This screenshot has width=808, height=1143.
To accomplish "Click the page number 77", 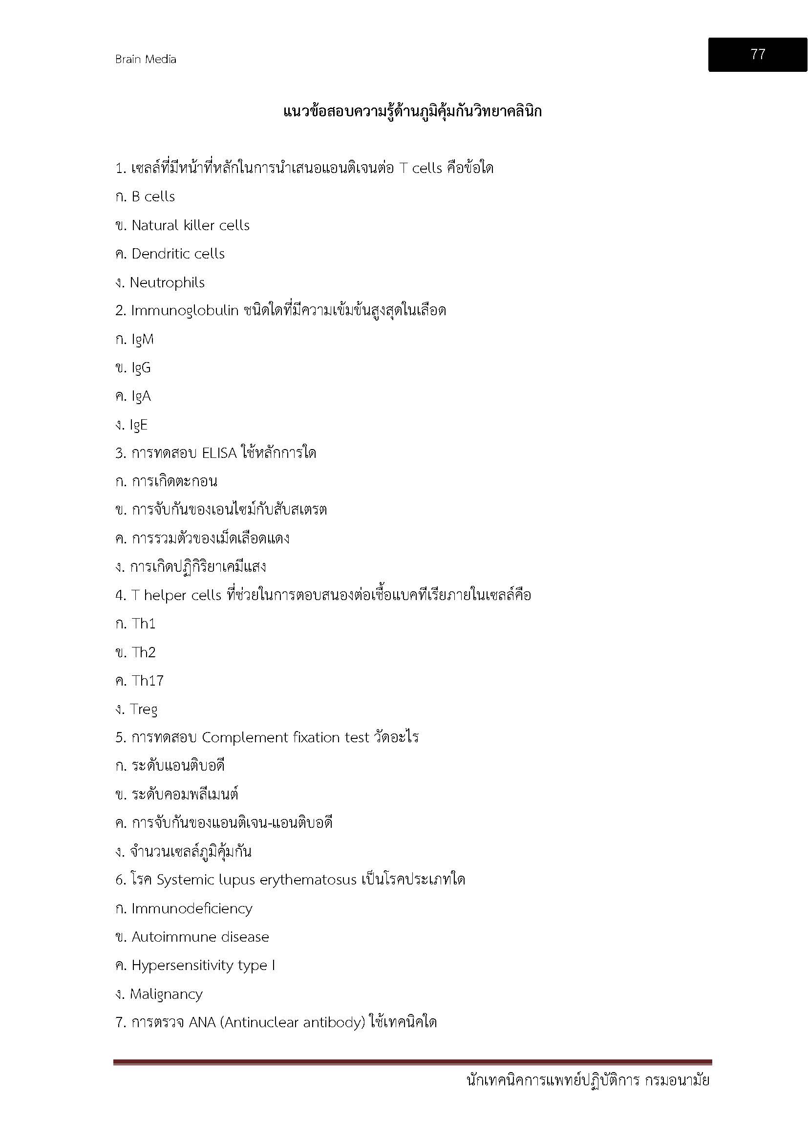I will (x=757, y=54).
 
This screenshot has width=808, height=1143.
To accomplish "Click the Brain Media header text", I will (x=145, y=59).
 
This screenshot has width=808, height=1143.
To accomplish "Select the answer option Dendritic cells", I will (x=178, y=254).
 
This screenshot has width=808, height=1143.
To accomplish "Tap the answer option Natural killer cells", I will (x=190, y=225).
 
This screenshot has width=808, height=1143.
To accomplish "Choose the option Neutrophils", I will (x=167, y=283).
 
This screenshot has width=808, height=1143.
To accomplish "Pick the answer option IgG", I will (x=141, y=368).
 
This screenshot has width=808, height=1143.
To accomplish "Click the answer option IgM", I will (x=142, y=340).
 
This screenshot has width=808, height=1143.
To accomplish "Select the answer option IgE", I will (x=138, y=425).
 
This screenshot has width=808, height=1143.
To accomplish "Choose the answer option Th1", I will (x=143, y=624).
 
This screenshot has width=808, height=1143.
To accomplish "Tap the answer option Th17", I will (x=147, y=681).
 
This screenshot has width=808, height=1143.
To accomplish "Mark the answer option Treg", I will (x=143, y=710).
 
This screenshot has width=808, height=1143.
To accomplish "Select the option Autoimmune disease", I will (x=200, y=937).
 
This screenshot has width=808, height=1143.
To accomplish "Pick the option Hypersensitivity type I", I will (x=203, y=965).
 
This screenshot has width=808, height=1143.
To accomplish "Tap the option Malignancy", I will (x=166, y=994).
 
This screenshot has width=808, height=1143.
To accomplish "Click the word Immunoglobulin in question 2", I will (x=185, y=311).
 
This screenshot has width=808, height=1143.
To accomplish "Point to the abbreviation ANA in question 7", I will (x=201, y=1022).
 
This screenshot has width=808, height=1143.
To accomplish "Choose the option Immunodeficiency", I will (x=191, y=908).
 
